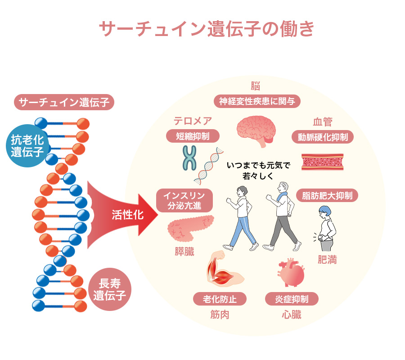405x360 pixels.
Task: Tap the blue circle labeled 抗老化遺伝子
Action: pos(27,146)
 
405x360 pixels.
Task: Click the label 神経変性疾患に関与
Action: pos(257,101)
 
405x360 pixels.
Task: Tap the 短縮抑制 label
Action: pos(192,136)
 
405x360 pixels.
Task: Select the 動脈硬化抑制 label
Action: pos(322,137)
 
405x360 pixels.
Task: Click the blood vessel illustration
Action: pos(323,162)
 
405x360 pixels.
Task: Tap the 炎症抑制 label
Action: pos(292,299)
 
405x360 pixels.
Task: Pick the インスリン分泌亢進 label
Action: pos(184,201)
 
